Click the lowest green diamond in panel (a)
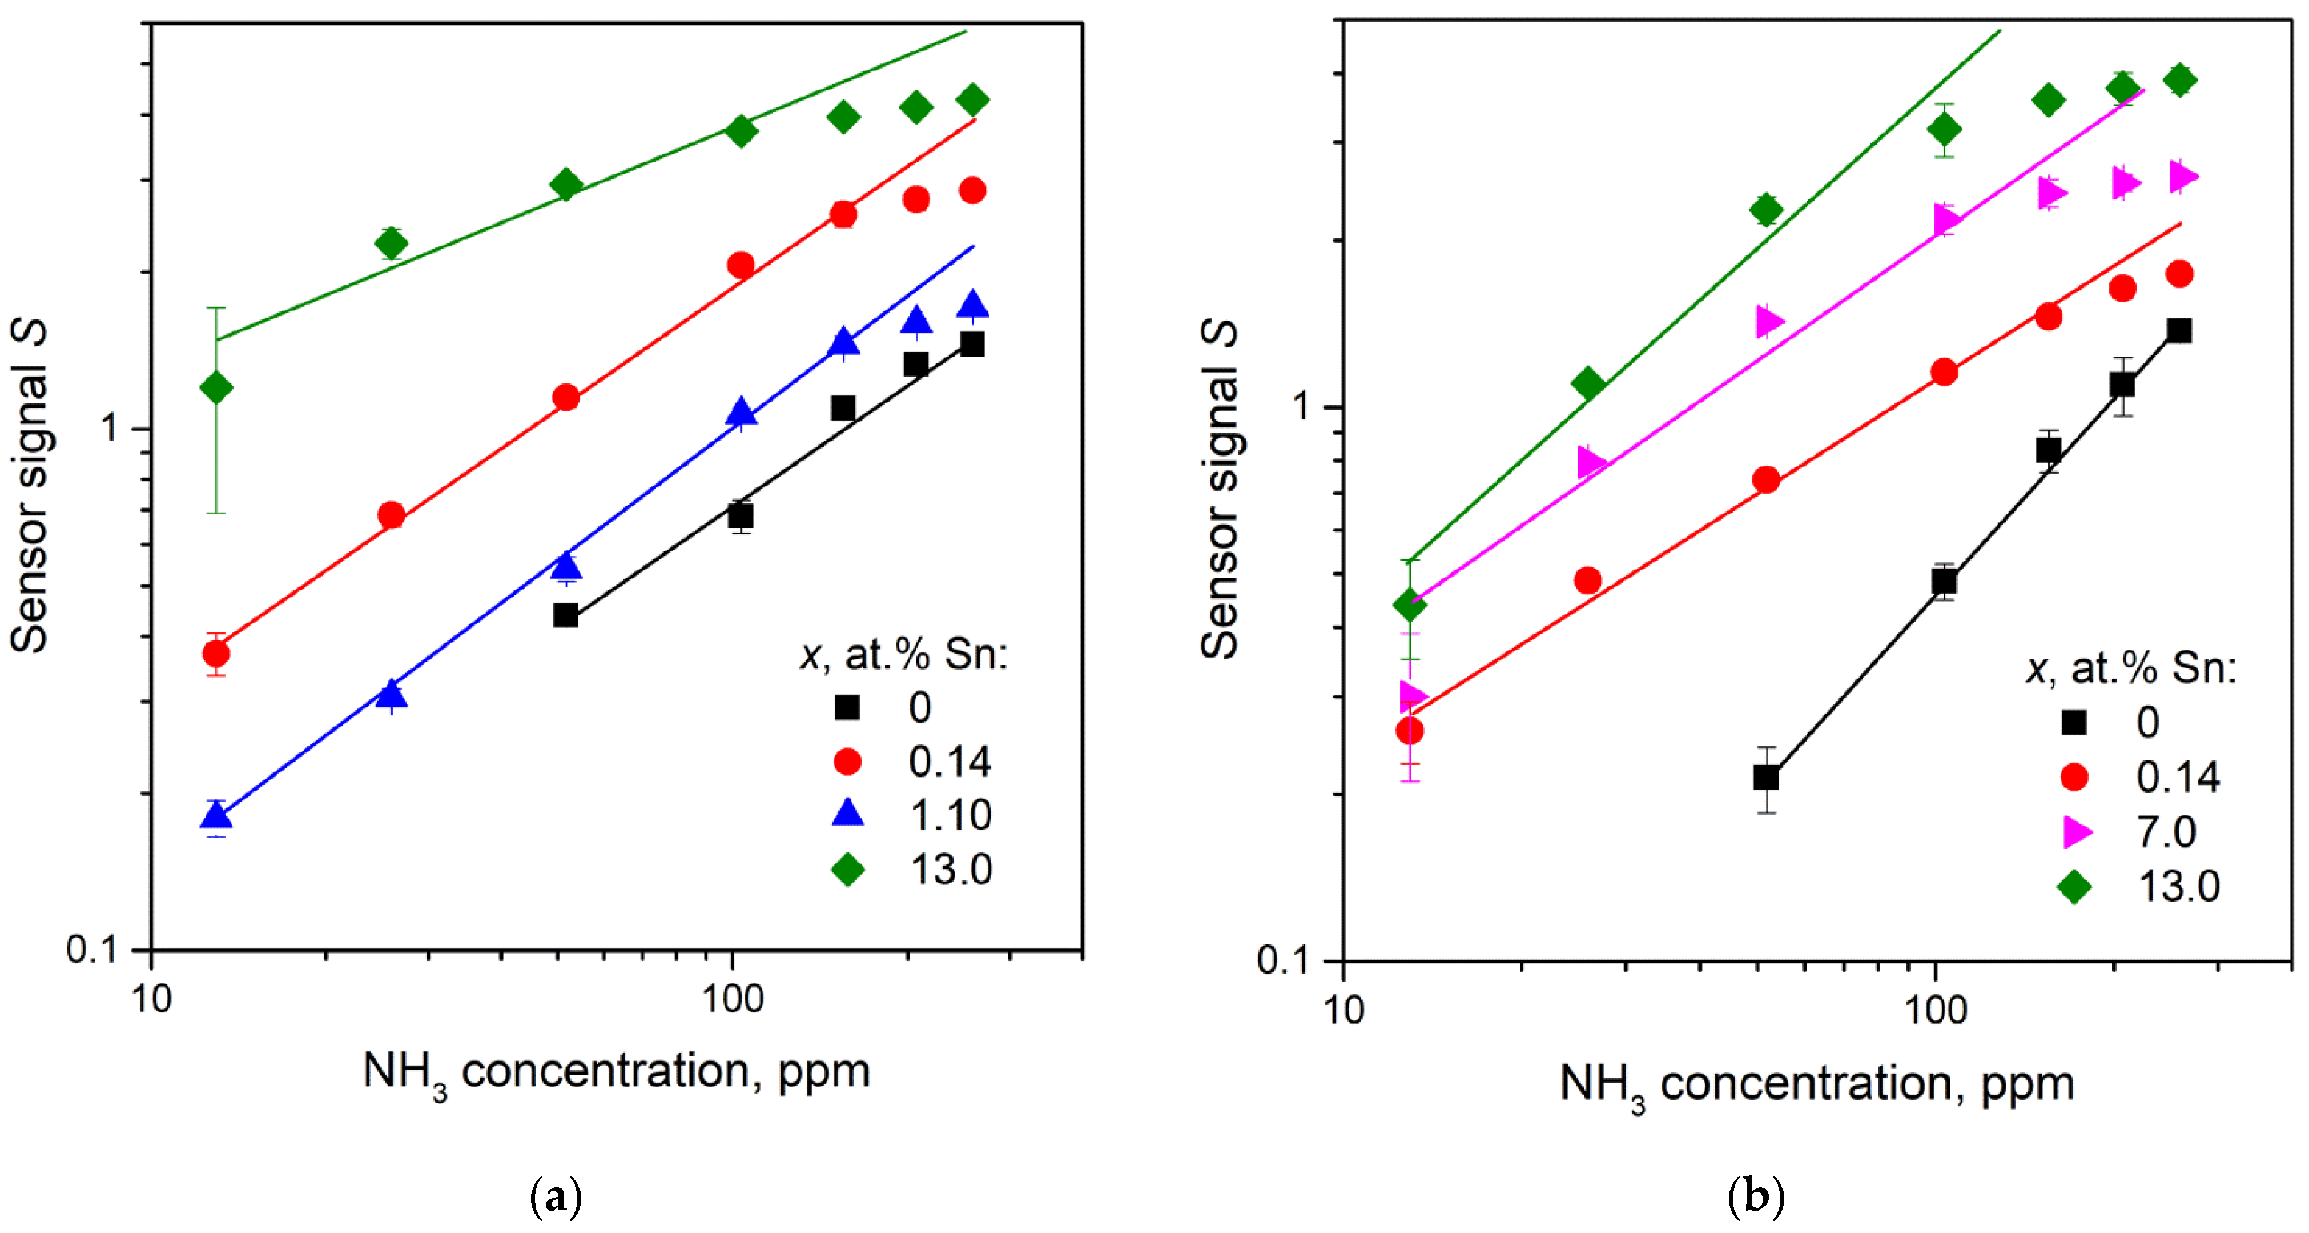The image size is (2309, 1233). click(216, 387)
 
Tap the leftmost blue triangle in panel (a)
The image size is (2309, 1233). click(216, 815)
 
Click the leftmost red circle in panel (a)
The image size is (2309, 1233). click(216, 653)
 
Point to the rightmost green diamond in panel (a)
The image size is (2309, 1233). click(972, 99)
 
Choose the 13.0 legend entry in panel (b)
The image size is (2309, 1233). click(2178, 887)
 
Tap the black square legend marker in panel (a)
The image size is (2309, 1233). click(847, 707)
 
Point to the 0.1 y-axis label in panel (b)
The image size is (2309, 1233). click(1288, 959)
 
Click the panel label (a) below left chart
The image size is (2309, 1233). click(556, 1196)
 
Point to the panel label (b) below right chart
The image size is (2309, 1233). click(1756, 1196)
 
